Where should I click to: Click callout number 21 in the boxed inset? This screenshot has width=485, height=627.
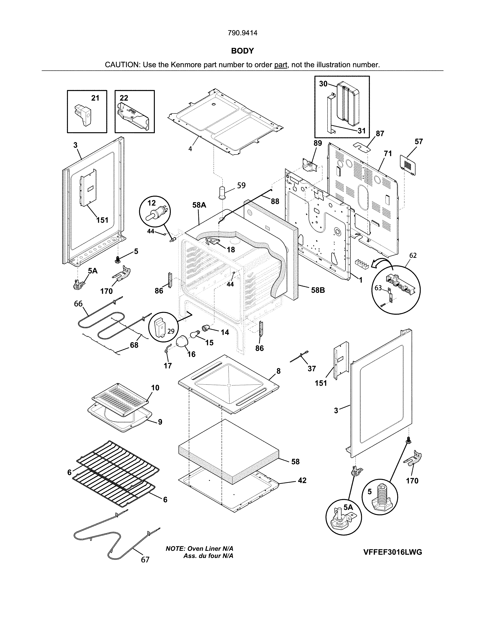(x=95, y=98)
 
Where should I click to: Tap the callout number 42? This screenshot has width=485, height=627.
(x=302, y=480)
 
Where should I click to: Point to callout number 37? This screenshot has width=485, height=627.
(x=312, y=369)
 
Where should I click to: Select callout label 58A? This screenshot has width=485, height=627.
(x=199, y=205)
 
